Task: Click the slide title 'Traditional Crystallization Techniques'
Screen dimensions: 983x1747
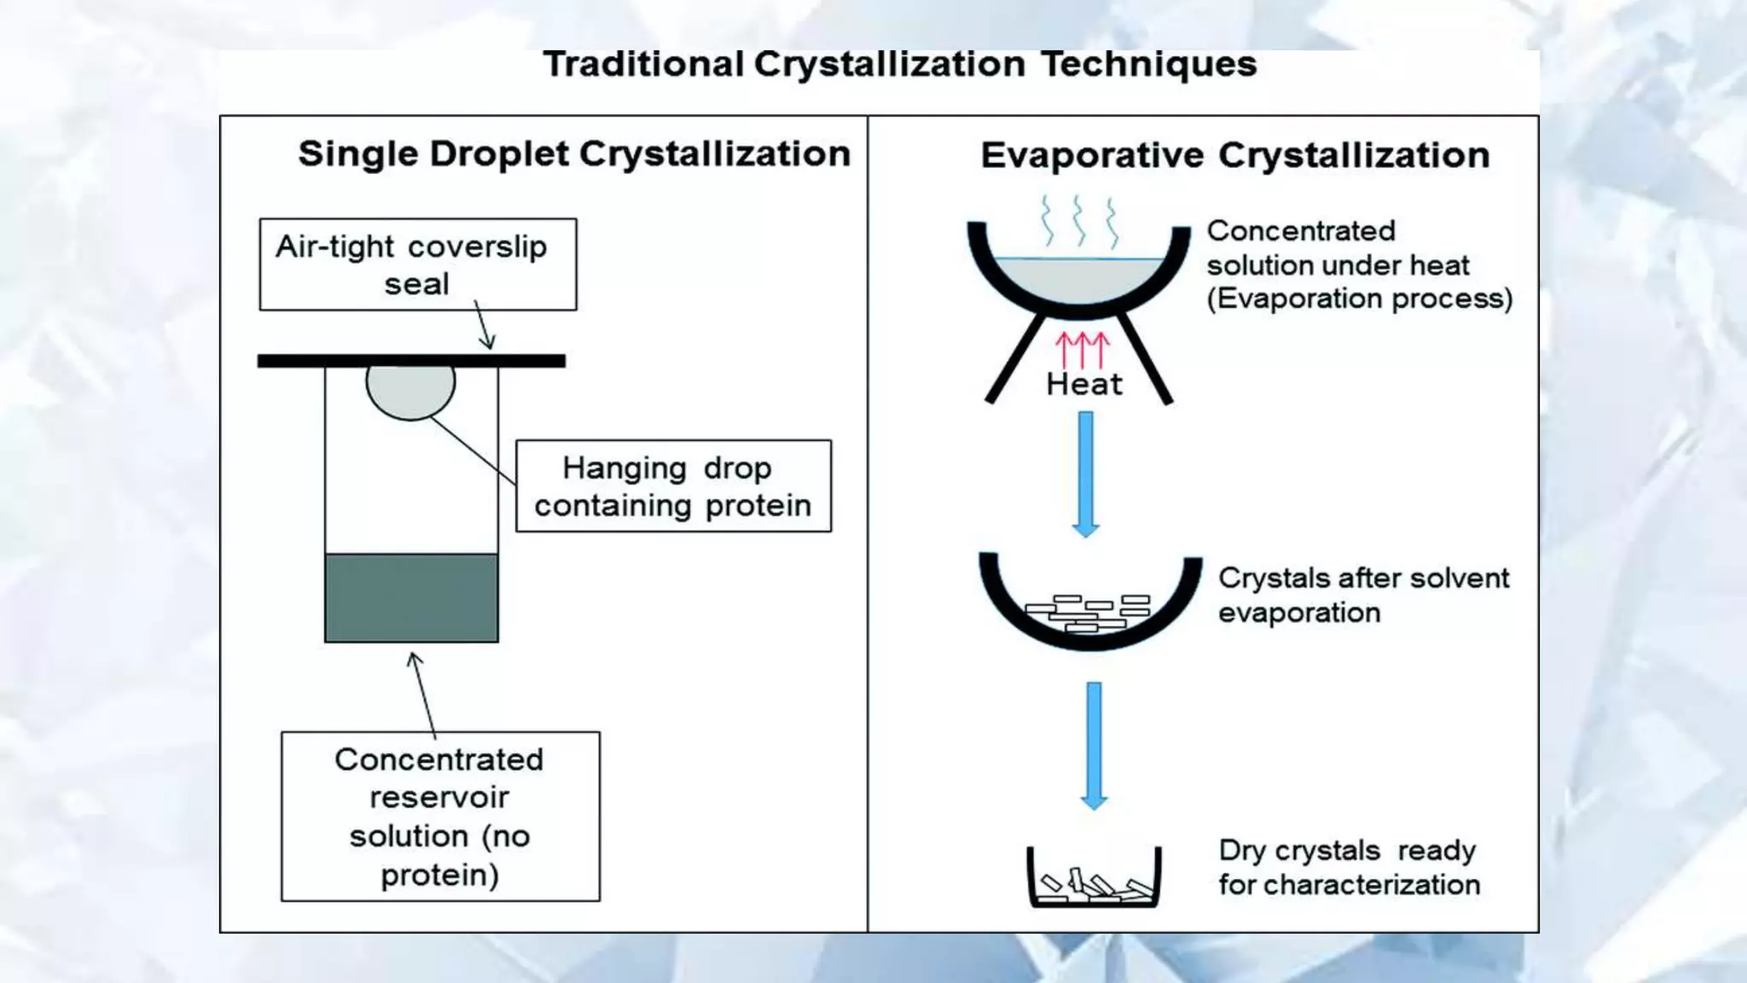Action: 900,65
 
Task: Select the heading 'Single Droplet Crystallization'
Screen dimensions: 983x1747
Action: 574,154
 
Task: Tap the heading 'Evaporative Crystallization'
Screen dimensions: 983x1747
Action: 1234,155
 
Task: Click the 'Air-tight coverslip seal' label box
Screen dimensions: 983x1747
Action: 417,265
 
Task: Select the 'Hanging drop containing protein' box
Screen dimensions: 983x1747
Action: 673,486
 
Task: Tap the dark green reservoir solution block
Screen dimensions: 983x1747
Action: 411,597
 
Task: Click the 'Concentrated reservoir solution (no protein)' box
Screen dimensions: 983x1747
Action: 440,816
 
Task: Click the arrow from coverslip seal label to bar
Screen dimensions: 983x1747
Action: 483,326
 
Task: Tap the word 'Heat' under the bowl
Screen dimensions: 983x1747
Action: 1083,384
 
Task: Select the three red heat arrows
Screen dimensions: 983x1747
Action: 1082,349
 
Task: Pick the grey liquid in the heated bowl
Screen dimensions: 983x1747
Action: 1079,278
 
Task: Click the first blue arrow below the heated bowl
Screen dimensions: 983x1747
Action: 1085,474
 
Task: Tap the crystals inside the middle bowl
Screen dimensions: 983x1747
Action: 1088,612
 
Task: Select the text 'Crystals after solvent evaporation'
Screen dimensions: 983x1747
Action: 1362,595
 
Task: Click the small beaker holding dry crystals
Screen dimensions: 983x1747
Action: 1094,879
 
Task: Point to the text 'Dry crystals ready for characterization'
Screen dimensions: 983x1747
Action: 1349,867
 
